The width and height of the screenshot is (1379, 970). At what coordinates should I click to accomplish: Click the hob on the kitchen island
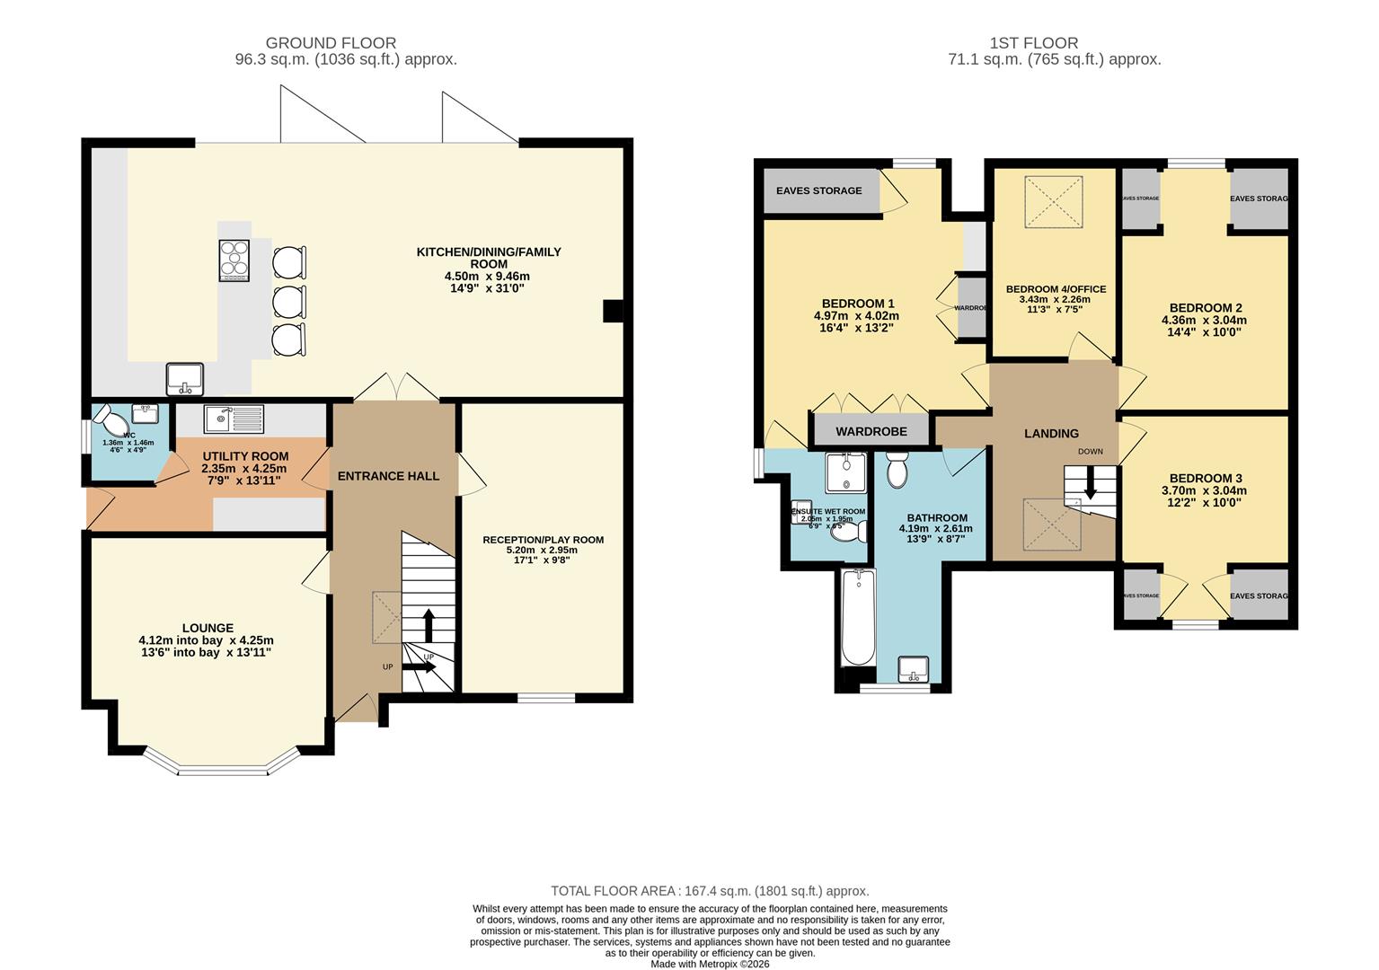(x=234, y=260)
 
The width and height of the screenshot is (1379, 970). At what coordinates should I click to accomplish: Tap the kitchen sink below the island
(x=185, y=378)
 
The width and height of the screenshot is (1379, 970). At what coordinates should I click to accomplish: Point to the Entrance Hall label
(x=388, y=476)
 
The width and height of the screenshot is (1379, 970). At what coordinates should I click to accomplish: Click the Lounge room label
(x=208, y=628)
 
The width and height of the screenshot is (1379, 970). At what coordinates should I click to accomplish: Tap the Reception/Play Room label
(x=543, y=540)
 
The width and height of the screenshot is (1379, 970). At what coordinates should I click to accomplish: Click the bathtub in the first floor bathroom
(x=858, y=618)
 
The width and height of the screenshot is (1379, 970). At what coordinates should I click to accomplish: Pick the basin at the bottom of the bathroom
(x=914, y=669)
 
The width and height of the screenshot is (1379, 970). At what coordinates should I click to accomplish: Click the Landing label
(x=1051, y=434)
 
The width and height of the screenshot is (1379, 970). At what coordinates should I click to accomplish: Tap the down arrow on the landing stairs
(x=1090, y=484)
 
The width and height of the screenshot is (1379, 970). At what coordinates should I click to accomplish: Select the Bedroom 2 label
(x=1206, y=308)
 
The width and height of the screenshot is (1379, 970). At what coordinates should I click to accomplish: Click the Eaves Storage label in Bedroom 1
(x=818, y=190)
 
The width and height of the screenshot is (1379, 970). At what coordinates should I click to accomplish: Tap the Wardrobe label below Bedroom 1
(x=871, y=432)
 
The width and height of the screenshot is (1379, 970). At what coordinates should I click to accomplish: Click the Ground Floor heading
(x=331, y=43)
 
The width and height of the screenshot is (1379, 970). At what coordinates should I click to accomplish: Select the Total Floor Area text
(x=710, y=891)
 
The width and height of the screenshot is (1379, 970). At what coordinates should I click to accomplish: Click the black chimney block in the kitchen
(x=613, y=311)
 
